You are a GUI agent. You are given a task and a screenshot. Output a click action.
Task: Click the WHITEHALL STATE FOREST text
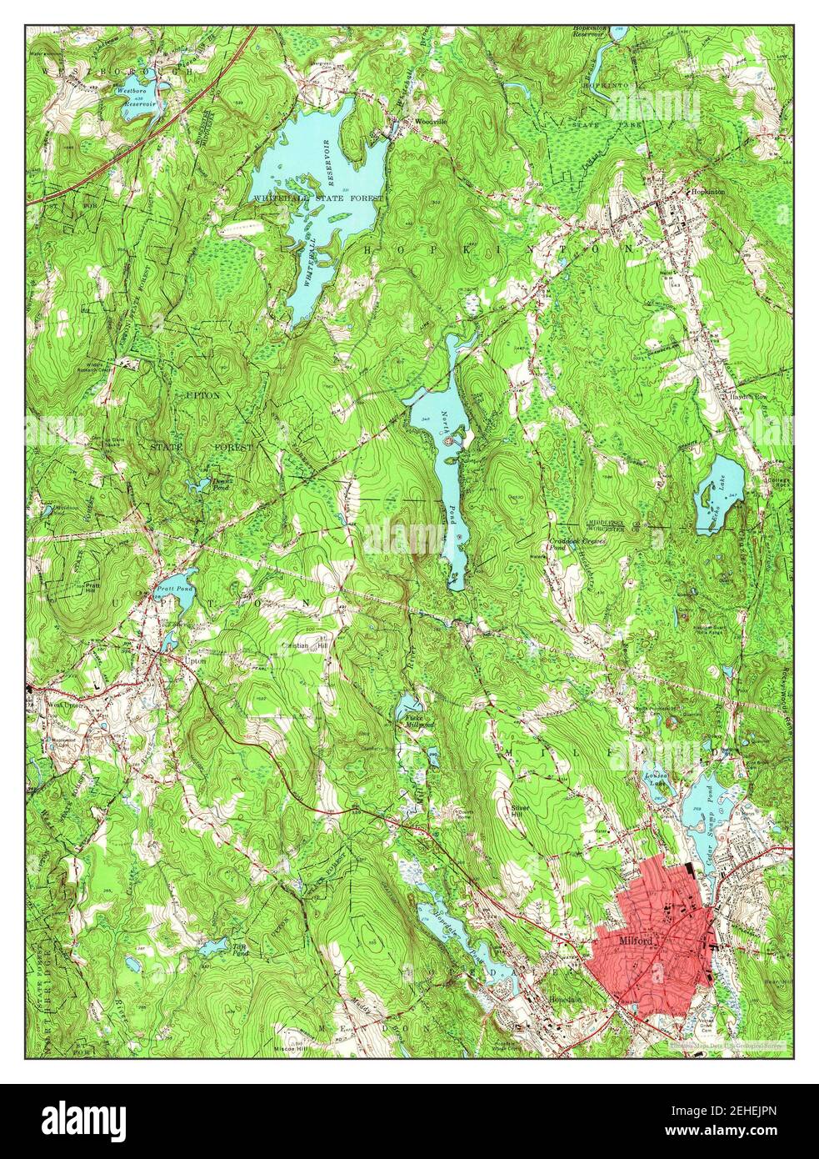click(x=320, y=198)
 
